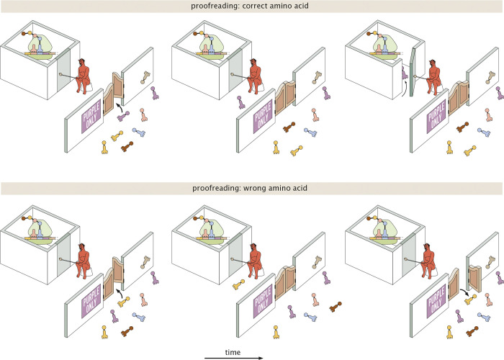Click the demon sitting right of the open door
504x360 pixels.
[433, 81]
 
